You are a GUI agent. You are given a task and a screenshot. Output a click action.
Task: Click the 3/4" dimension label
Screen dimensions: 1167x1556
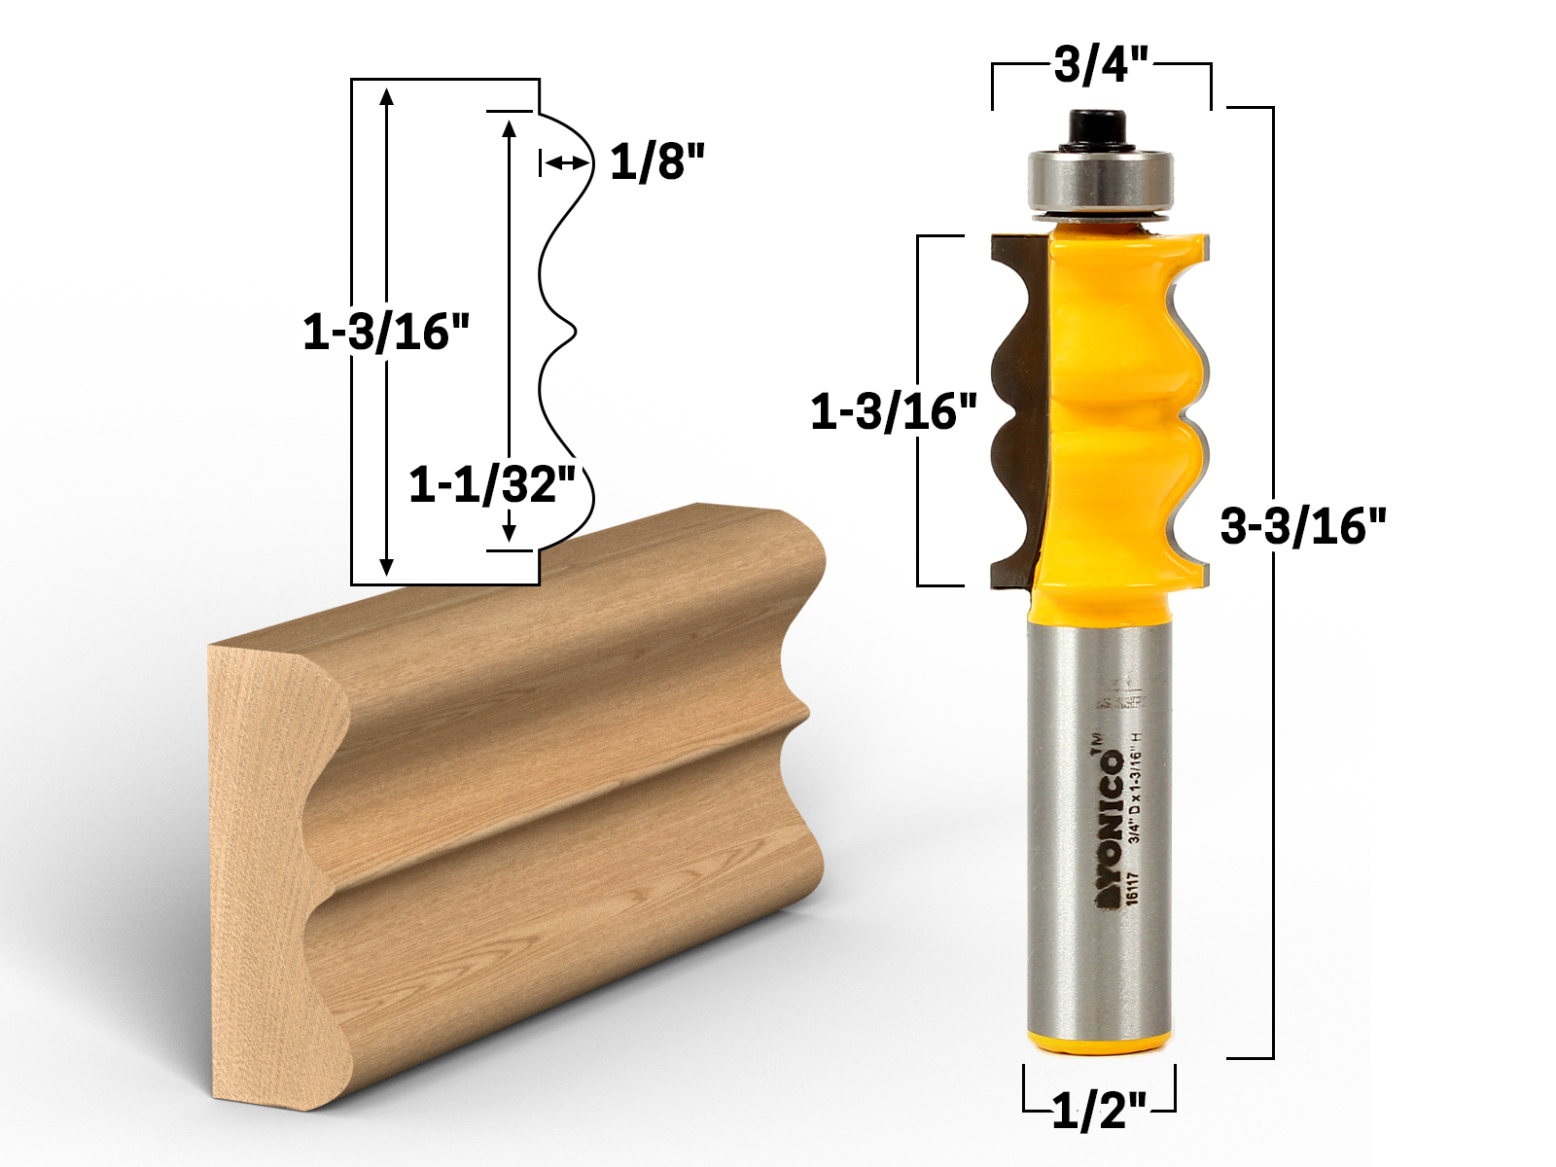(x=1101, y=65)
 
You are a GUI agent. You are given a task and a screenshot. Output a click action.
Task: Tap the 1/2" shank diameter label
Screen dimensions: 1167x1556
(x=1099, y=1109)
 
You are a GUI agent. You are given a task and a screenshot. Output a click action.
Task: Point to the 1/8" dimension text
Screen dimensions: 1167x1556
(x=656, y=161)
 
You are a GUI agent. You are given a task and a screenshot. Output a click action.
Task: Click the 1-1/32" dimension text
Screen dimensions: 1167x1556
(x=492, y=483)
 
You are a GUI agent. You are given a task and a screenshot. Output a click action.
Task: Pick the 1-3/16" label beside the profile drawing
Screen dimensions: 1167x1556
(x=386, y=333)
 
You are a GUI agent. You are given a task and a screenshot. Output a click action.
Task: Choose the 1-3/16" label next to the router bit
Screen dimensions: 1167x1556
(x=894, y=412)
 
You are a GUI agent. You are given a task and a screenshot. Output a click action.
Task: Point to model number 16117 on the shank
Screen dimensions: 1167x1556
(x=1132, y=887)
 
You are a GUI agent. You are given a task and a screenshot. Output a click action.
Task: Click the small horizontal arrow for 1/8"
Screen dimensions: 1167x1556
(x=564, y=163)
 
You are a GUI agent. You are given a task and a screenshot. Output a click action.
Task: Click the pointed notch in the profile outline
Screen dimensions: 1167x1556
(x=574, y=333)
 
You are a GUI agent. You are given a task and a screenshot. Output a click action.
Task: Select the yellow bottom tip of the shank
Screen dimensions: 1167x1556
(x=1099, y=1043)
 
